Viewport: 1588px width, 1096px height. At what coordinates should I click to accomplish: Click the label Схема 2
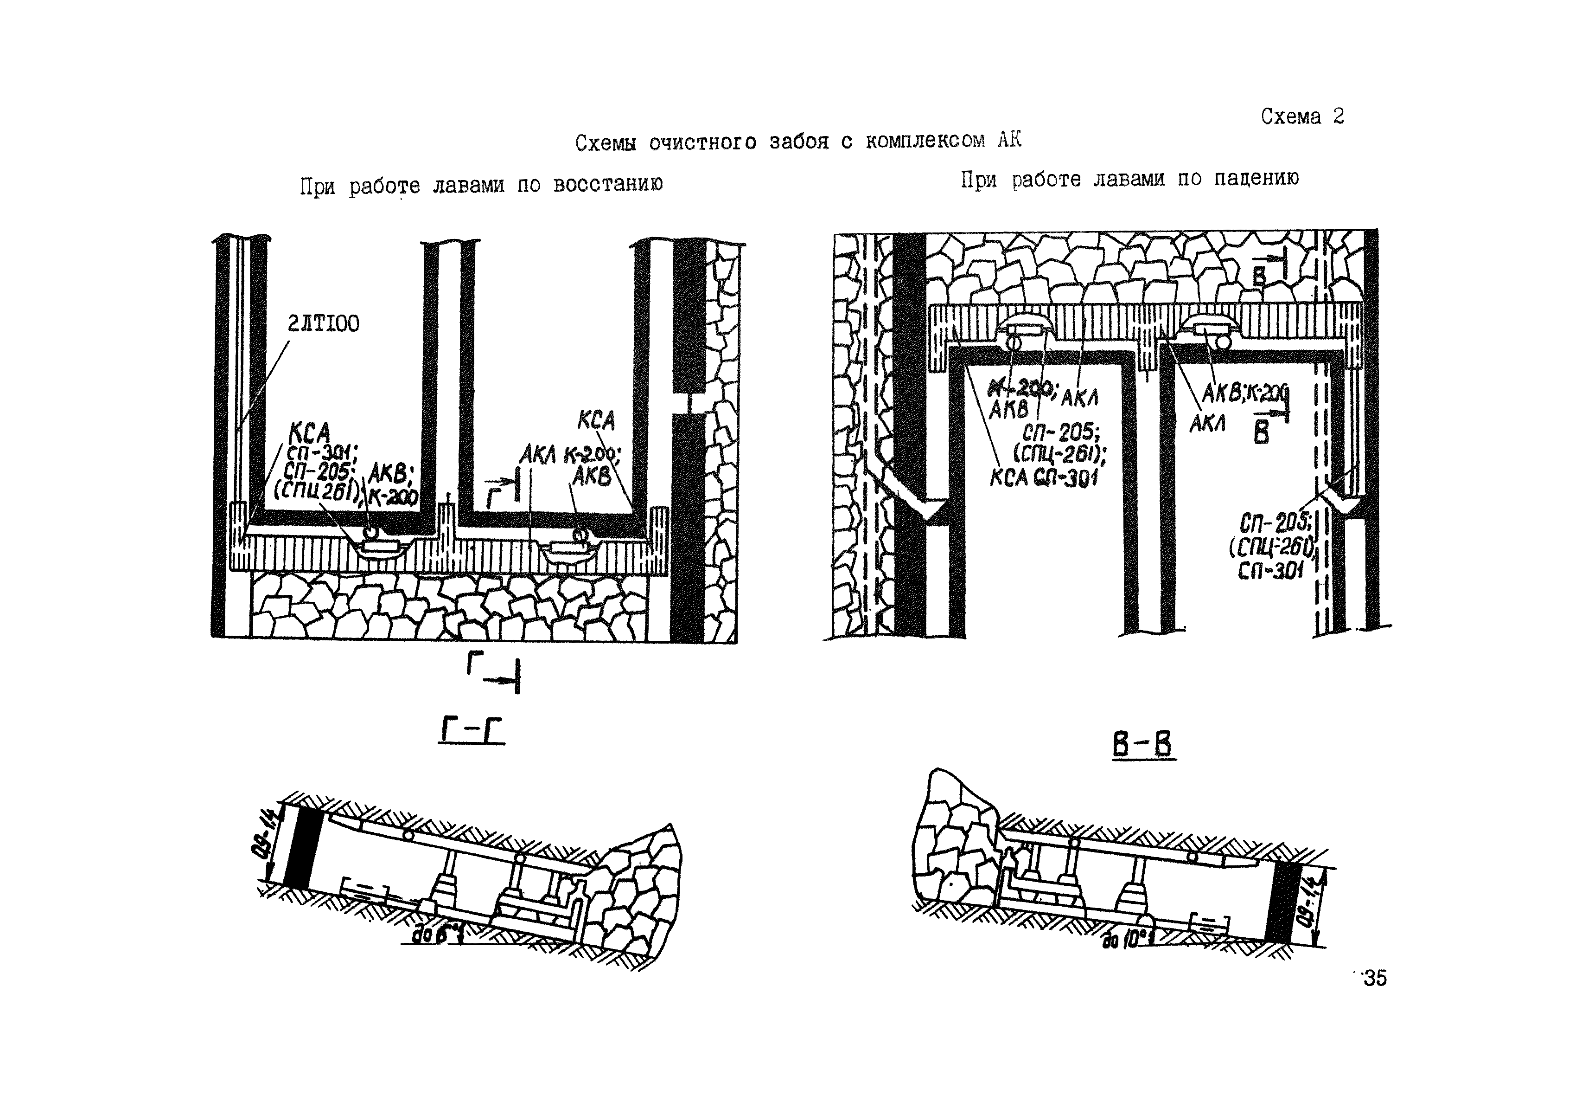(x=1302, y=117)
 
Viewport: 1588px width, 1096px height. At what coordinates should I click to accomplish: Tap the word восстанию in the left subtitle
(x=607, y=185)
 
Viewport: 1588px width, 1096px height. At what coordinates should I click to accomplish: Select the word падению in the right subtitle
(x=1256, y=179)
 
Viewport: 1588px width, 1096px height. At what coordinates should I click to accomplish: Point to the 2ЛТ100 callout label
(x=323, y=323)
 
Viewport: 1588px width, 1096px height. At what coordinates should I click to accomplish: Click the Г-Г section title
(x=472, y=731)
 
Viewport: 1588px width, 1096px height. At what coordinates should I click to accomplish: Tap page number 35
(x=1375, y=978)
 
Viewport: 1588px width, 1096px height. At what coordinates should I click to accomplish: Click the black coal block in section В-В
(x=1281, y=901)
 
